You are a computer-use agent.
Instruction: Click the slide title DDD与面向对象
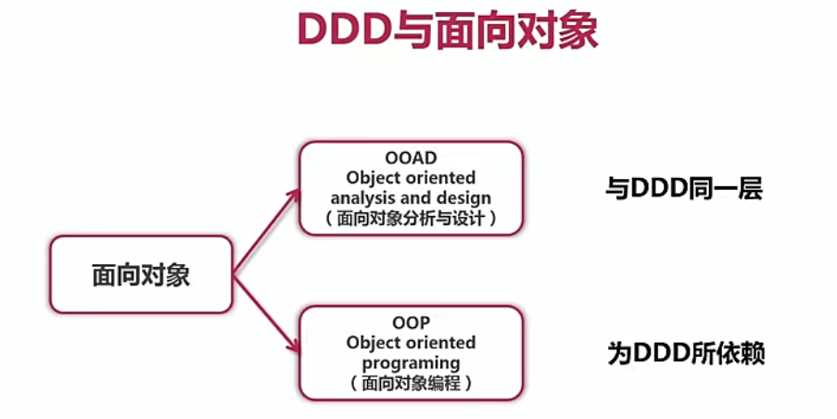point(448,31)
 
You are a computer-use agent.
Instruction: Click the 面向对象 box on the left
point(141,274)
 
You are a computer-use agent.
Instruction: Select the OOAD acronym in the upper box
point(410,157)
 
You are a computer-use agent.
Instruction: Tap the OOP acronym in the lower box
point(411,324)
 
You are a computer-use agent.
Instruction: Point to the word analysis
point(363,197)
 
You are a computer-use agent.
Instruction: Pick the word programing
point(411,362)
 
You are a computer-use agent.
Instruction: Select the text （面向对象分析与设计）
point(411,219)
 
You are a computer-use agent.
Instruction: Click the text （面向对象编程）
point(411,382)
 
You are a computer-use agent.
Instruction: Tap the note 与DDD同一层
point(684,189)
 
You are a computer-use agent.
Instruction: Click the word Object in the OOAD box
point(374,177)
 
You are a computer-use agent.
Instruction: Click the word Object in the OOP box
point(374,343)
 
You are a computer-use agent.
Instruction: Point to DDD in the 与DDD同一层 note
point(661,189)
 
